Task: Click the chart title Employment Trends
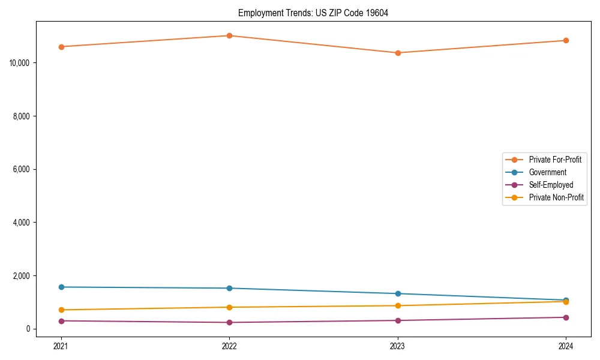pyautogui.click(x=313, y=13)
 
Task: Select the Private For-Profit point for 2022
pyautogui.click(x=229, y=35)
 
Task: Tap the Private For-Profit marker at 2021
pyautogui.click(x=61, y=47)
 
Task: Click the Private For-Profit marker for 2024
pyautogui.click(x=566, y=41)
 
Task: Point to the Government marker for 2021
pyautogui.click(x=61, y=287)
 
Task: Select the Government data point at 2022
pyautogui.click(x=229, y=288)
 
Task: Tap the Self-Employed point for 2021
pyautogui.click(x=61, y=321)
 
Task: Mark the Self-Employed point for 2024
pyautogui.click(x=566, y=317)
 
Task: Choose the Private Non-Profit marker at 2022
pyautogui.click(x=229, y=307)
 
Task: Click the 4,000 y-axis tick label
pyautogui.click(x=23, y=223)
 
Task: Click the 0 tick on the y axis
pyautogui.click(x=28, y=329)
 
